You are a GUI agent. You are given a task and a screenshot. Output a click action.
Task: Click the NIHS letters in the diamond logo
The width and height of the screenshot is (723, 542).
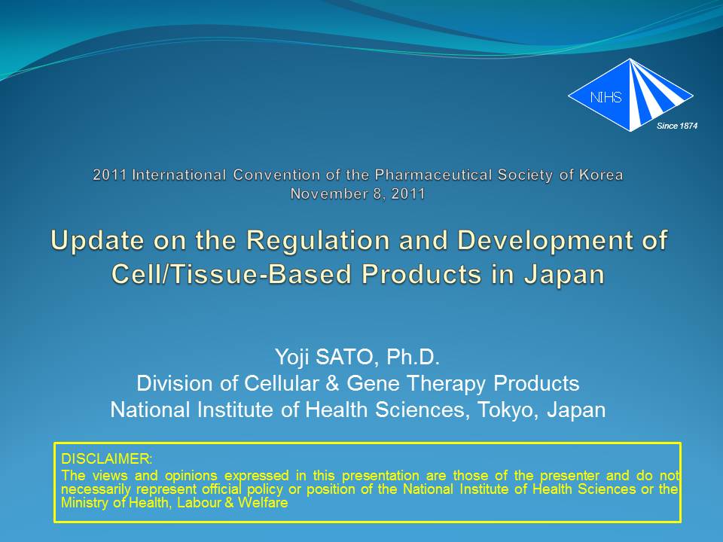(x=606, y=97)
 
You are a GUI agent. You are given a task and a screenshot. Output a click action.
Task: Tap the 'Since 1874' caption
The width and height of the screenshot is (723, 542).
(x=677, y=126)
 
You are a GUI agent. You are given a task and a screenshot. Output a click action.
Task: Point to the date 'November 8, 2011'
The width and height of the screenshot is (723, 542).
(x=358, y=193)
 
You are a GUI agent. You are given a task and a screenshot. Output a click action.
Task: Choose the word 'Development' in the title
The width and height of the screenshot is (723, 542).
(x=548, y=240)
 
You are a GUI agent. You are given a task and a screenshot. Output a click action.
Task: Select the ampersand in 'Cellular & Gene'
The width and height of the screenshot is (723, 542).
(x=332, y=383)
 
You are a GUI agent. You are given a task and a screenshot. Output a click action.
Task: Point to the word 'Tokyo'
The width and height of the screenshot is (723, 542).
(x=505, y=410)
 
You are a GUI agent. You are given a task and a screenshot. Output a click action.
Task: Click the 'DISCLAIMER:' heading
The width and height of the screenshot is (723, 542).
(x=106, y=459)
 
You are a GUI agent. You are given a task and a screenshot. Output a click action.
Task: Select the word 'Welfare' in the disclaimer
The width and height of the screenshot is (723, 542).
(x=263, y=502)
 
